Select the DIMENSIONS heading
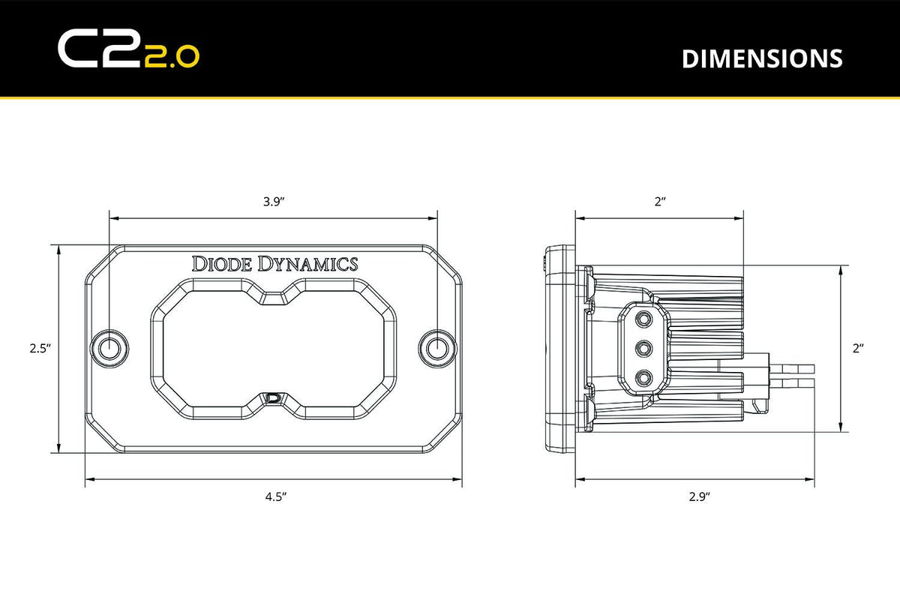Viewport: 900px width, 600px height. (761, 58)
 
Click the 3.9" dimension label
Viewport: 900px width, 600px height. (274, 202)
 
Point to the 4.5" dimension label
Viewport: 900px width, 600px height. (274, 496)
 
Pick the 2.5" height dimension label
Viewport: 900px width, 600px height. (39, 348)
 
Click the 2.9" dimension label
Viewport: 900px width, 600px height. (697, 496)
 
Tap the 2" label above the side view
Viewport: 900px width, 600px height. (659, 202)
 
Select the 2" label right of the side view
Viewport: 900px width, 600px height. (858, 348)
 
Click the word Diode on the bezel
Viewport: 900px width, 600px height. (223, 263)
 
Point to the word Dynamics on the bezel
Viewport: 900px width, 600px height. (308, 263)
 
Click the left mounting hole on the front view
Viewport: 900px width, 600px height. (109, 347)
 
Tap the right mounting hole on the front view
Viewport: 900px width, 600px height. (437, 347)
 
